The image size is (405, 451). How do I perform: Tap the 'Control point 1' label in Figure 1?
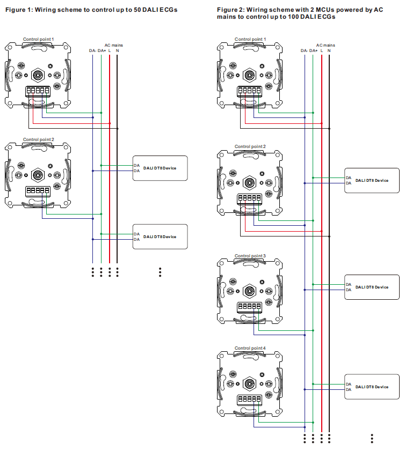tap(38, 39)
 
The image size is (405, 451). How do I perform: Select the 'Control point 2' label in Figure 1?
tap(38, 139)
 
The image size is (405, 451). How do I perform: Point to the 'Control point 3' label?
tap(250, 256)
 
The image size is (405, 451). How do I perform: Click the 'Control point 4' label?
tap(250, 348)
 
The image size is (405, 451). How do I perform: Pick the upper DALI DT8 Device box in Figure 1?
tap(160, 168)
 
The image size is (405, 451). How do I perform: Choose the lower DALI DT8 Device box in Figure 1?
tap(160, 236)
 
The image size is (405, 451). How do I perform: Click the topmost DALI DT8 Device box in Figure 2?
tap(372, 180)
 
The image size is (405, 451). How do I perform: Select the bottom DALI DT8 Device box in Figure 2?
tap(372, 387)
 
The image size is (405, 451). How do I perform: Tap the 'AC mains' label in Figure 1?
tap(113, 46)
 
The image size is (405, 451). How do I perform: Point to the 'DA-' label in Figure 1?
tap(92, 51)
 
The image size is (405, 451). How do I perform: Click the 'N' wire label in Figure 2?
tap(329, 50)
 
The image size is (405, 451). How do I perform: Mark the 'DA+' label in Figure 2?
tap(313, 50)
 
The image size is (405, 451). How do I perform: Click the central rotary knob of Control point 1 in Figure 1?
tap(38, 74)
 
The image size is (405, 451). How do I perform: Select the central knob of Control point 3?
tap(250, 291)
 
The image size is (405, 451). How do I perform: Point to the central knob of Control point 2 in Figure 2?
tap(250, 182)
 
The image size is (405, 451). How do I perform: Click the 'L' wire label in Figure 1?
tap(110, 51)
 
